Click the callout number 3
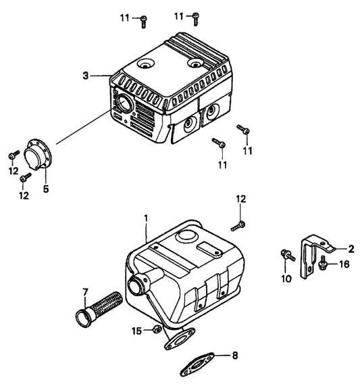pos(86,76)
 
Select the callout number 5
pos(46,190)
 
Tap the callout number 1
pos(145,218)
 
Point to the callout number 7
pos(86,292)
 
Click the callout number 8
pos(235,354)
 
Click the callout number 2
pos(351,248)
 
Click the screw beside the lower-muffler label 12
pos(240,223)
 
